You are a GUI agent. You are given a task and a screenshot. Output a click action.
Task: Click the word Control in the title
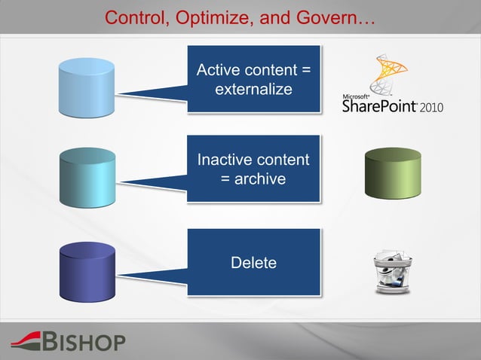[x=132, y=17]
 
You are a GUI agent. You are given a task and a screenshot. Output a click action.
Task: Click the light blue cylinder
[x=87, y=86]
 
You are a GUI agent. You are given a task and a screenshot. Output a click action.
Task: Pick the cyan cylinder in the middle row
[x=87, y=177]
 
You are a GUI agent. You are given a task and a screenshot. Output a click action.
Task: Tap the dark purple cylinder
[x=87, y=270]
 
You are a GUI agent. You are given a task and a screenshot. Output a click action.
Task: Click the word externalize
[x=253, y=90]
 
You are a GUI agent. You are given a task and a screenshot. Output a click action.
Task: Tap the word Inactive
[x=223, y=160]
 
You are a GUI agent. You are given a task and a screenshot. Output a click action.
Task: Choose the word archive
[x=261, y=178]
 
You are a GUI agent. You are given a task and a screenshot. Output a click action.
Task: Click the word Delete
[x=253, y=263]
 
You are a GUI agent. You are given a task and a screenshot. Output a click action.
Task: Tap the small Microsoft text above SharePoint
[x=356, y=96]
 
